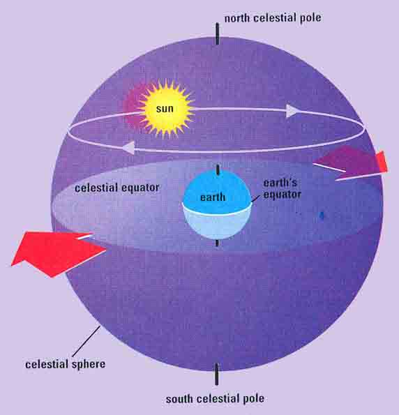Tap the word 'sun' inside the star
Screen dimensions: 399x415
point(165,109)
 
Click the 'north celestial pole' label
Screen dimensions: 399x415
point(273,18)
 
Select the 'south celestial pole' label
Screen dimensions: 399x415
point(215,398)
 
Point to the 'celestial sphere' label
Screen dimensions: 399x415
point(65,364)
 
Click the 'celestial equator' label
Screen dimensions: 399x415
point(116,188)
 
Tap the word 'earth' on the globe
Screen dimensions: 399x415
point(213,197)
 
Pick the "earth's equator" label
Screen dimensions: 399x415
point(283,189)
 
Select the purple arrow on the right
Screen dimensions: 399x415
point(349,163)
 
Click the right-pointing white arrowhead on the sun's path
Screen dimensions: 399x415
point(292,111)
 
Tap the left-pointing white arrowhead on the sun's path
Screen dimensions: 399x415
point(128,147)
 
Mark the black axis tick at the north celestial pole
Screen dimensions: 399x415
point(218,33)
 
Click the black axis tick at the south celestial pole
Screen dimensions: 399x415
point(217,374)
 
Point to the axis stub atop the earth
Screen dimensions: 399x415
point(218,169)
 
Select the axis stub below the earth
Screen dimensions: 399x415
point(217,243)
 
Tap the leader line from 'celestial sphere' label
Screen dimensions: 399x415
point(86,341)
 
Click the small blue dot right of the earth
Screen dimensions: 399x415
point(322,216)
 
